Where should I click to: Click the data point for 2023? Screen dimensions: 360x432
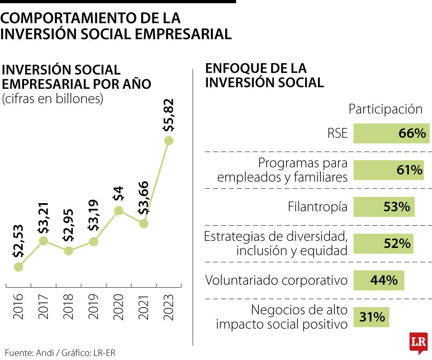pos(169,140)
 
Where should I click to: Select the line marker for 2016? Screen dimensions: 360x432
pos(18,267)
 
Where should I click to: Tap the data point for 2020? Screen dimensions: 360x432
pos(118,210)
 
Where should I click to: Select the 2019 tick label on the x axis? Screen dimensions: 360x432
pos(93,307)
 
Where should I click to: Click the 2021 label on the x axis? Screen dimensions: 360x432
pos(143,307)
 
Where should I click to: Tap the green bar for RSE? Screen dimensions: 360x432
pos(391,134)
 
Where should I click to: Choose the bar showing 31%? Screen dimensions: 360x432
pos(371,317)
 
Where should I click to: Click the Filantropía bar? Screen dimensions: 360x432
pos(384,207)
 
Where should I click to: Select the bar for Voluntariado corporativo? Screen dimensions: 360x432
pos(379,280)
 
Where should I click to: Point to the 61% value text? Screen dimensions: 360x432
pos(409,170)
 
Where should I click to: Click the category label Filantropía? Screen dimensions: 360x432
pos(318,207)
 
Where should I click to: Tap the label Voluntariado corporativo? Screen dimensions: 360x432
pos(276,280)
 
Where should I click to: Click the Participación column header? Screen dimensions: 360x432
pos(385,109)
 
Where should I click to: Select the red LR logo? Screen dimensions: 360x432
pos(418,342)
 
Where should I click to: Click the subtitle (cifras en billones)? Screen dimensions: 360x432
pos(53,99)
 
